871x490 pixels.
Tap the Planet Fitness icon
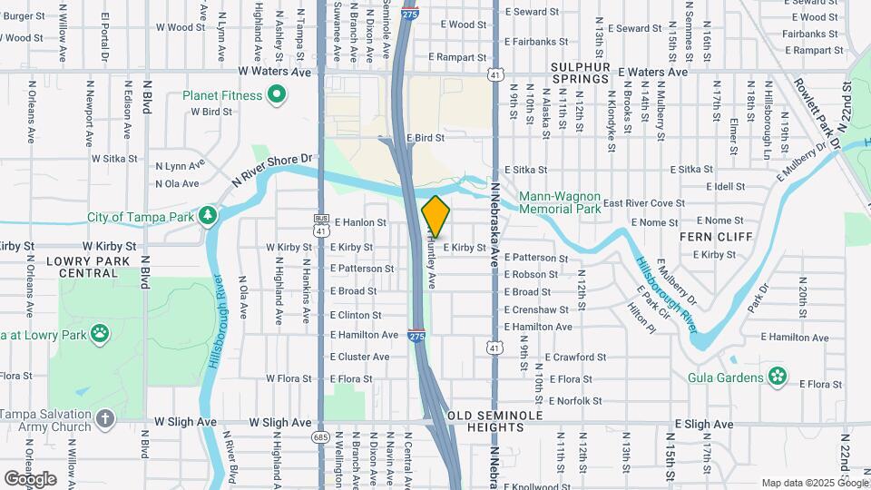click(279, 95)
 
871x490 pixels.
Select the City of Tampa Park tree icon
click(210, 216)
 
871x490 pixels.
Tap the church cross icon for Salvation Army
click(106, 419)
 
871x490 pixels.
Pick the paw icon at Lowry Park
click(99, 333)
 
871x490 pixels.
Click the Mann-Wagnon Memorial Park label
click(560, 202)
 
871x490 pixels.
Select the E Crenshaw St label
click(538, 309)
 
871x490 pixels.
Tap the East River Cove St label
click(644, 203)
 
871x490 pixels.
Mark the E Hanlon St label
click(360, 221)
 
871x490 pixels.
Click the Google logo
click(30, 478)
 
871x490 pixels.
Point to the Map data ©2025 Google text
click(813, 483)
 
